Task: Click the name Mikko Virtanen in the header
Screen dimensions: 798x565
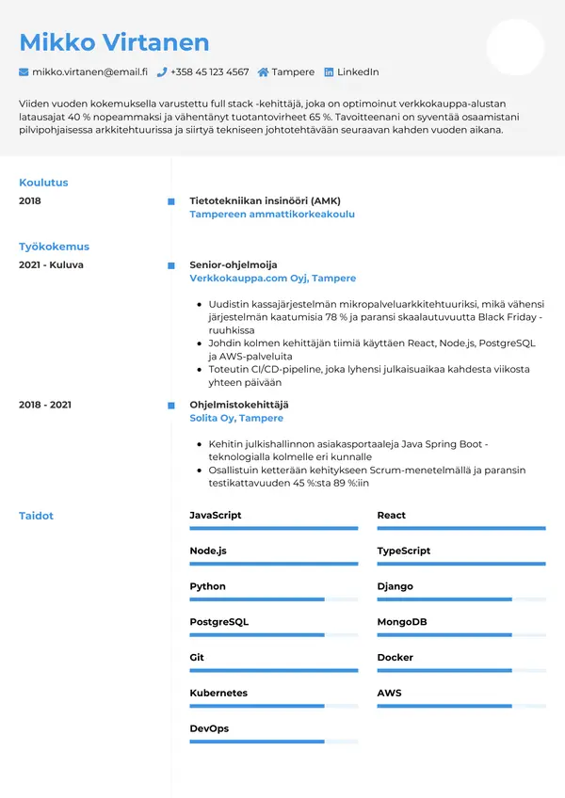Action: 114,42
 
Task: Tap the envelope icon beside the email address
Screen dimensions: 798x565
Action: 24,72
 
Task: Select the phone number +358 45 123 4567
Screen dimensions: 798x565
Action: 209,72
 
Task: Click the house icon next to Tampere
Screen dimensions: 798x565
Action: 263,72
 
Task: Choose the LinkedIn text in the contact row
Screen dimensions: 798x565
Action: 358,72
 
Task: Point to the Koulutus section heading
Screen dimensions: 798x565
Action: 43,183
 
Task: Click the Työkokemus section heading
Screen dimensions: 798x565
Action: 54,247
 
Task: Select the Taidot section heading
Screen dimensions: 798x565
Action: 37,516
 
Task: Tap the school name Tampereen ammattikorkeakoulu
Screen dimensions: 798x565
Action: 272,215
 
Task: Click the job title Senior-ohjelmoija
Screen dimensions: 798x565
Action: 234,265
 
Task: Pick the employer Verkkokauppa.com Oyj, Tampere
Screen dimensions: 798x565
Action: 272,279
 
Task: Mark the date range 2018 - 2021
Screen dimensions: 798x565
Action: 45,405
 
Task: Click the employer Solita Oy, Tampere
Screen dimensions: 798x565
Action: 236,418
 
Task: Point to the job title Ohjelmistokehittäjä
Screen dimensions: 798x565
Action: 239,405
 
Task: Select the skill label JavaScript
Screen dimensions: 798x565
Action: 216,516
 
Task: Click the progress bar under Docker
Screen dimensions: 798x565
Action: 461,671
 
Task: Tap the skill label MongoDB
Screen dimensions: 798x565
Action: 402,622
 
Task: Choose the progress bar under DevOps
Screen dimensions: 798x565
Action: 273,742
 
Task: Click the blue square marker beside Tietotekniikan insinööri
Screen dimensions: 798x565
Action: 171,201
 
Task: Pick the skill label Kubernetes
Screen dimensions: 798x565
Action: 218,694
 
